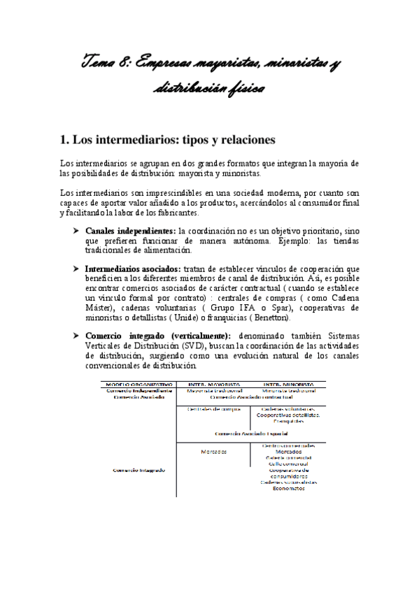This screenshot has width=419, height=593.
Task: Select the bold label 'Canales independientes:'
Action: coord(131,231)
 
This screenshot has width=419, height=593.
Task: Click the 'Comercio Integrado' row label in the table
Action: coord(139,470)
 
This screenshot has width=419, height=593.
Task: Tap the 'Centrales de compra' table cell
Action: coord(214,409)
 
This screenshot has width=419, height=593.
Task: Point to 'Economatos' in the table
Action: coord(289,488)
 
